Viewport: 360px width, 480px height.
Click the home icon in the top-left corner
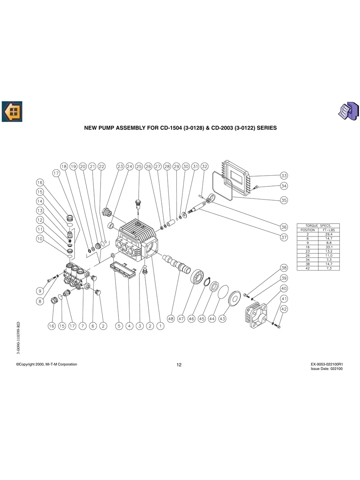(12, 112)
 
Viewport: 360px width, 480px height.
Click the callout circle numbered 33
(284, 176)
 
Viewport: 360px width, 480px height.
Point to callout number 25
(139, 166)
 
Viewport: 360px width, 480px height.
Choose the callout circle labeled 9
(40, 291)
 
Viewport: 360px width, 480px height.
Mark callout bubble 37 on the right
(284, 238)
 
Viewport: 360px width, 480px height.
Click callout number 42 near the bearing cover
(284, 309)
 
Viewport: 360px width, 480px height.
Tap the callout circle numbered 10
(40, 239)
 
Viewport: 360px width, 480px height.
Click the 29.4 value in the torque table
(329, 234)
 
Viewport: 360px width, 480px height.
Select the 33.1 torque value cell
(329, 247)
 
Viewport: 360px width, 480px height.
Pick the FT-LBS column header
(329, 230)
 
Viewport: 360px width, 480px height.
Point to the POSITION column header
(308, 230)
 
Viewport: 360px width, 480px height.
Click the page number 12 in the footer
(179, 365)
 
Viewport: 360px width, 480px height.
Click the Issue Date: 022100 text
(327, 369)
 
